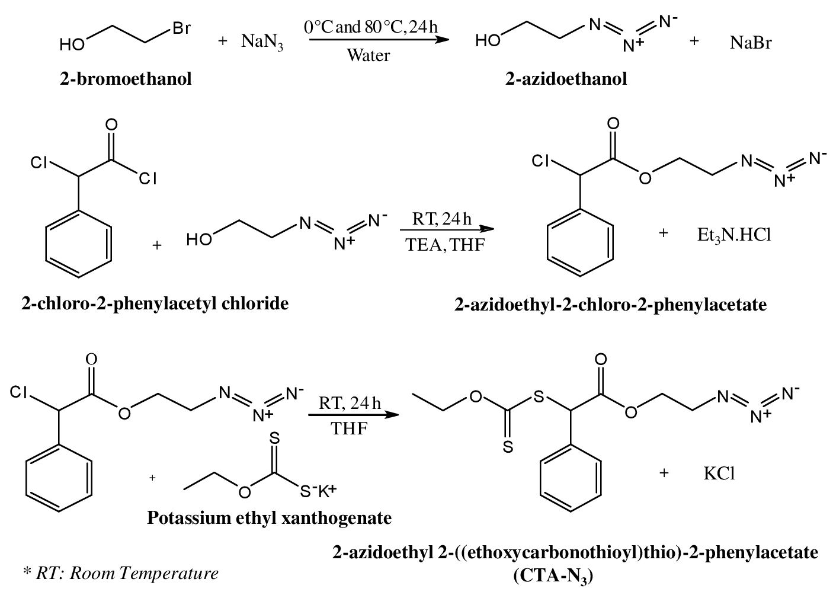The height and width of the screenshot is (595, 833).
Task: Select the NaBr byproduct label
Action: tap(751, 43)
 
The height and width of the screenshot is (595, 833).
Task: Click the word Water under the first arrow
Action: tap(368, 56)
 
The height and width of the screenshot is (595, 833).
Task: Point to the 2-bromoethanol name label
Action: tap(126, 79)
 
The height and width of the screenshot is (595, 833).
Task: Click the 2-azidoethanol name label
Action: tap(566, 79)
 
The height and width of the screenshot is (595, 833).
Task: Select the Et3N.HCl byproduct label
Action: tap(734, 234)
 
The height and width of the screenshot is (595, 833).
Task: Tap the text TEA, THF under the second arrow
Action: tap(445, 244)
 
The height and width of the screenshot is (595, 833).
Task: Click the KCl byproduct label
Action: tap(719, 474)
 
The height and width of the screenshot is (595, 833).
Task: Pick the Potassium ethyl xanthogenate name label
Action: tap(269, 518)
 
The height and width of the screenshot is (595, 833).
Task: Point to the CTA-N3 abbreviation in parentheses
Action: tap(553, 575)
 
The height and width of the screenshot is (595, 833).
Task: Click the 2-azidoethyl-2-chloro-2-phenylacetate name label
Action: tap(610, 305)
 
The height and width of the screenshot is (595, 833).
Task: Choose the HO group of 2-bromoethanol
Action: tap(72, 44)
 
